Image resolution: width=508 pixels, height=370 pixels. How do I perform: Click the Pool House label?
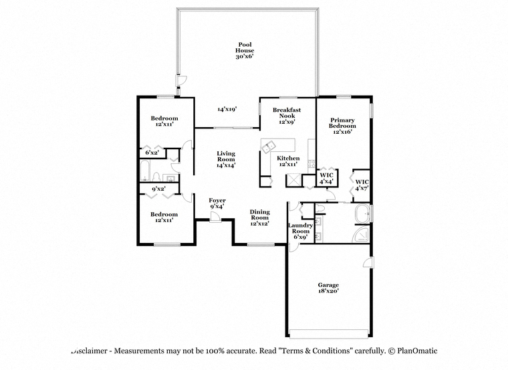(245, 50)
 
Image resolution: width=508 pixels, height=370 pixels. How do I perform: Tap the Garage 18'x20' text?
(328, 288)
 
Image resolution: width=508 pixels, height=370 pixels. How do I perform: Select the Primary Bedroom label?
(342, 126)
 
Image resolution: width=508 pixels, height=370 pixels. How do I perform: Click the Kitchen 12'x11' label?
(288, 161)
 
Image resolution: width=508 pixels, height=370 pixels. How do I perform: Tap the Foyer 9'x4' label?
(217, 203)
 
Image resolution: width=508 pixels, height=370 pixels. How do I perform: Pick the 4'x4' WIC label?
(326, 179)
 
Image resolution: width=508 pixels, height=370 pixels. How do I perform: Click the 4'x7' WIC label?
(362, 185)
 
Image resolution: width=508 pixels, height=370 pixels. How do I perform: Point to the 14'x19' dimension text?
(227, 109)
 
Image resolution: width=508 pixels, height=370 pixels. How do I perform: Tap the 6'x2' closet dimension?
(152, 153)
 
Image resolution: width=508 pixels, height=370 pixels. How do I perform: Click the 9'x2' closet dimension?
(159, 189)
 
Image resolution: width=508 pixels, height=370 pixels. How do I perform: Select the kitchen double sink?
(268, 147)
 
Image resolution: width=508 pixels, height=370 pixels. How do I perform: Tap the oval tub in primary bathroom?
(362, 213)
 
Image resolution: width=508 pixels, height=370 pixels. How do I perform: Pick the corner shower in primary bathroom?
(360, 234)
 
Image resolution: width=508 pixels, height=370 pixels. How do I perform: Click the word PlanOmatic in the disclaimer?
(417, 351)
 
